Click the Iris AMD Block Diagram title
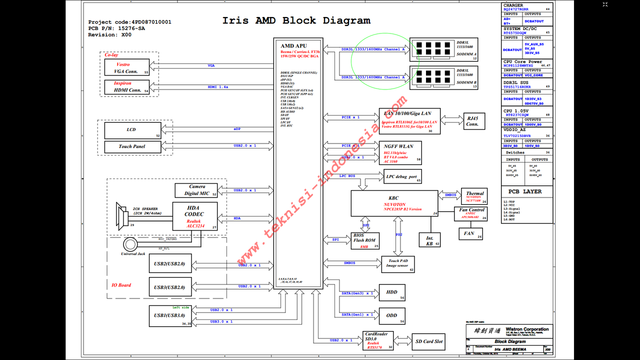(296, 21)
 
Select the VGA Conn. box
(126, 68)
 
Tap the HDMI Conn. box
(126, 87)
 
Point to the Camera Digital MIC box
(196, 190)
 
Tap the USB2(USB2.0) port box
(170, 263)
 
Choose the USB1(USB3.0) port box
(170, 315)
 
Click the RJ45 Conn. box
(472, 121)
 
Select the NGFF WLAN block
(400, 152)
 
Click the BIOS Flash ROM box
(364, 240)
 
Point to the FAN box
(470, 233)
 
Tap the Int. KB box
(430, 241)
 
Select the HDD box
(392, 292)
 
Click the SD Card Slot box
(428, 341)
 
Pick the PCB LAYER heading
(524, 191)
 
